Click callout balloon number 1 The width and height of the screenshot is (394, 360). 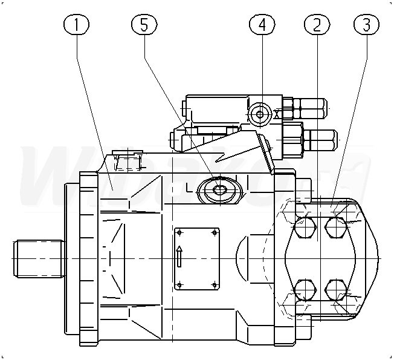76,25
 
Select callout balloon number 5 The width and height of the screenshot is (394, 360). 144,25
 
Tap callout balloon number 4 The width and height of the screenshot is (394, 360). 262,25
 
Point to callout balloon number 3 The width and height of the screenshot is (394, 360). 366,25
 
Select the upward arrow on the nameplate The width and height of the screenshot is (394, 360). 179,257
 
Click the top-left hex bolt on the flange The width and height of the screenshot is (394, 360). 304,228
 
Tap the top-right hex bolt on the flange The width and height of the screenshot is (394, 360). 335,227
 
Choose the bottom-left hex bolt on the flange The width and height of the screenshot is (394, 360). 304,289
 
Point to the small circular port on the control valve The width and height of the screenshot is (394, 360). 260,114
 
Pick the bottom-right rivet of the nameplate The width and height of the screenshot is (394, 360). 215,284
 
